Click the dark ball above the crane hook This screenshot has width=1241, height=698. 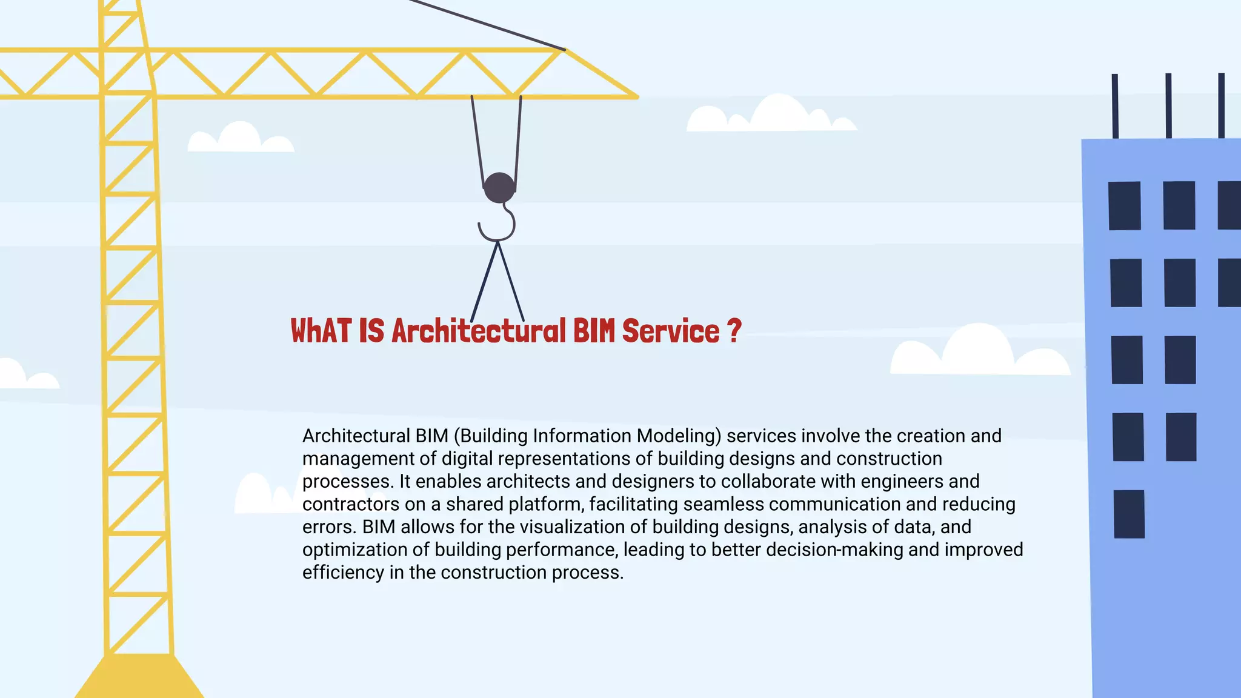499,188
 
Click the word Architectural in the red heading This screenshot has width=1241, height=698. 478,331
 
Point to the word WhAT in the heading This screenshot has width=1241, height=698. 321,331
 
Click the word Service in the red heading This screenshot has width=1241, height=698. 670,331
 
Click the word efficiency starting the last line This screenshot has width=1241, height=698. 343,573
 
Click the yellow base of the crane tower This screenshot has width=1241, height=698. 139,677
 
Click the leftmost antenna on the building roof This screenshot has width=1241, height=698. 1115,106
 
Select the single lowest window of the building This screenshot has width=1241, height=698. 1129,514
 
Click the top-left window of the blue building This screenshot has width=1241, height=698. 1124,205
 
